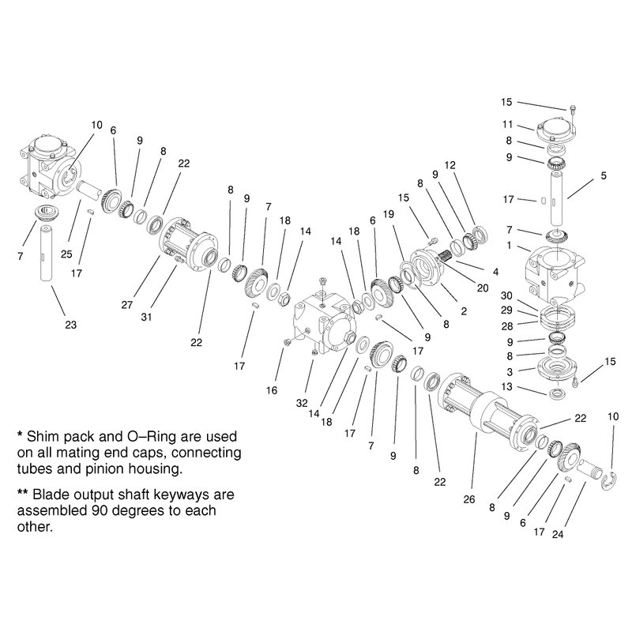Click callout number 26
[x=469, y=499]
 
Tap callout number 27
[x=127, y=305]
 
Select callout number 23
[x=70, y=325]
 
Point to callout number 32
[x=302, y=403]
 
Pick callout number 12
[x=450, y=165]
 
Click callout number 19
[x=389, y=214]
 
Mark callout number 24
[x=558, y=535]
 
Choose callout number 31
[x=146, y=318]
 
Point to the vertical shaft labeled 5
[x=558, y=198]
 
